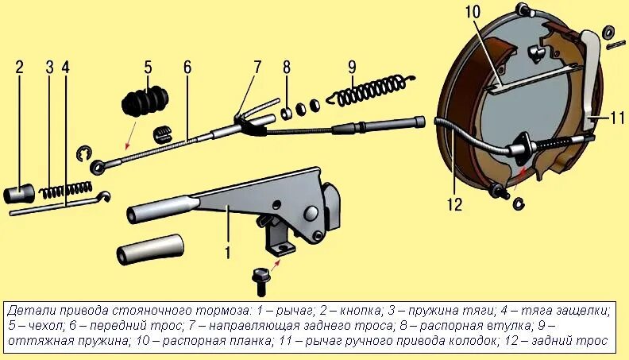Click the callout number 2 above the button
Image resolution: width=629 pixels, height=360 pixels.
coord(19,67)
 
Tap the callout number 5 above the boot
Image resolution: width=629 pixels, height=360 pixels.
coord(148,67)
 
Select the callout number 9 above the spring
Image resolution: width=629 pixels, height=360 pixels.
coord(352,67)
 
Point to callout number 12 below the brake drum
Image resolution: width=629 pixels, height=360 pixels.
coord(453,205)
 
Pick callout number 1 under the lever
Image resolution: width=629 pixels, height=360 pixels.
coord(227,254)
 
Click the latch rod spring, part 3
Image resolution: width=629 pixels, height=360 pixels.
coord(66,191)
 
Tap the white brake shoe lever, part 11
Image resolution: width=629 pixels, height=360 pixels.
coord(591,87)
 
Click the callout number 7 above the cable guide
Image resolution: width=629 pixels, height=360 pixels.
coord(257,67)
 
